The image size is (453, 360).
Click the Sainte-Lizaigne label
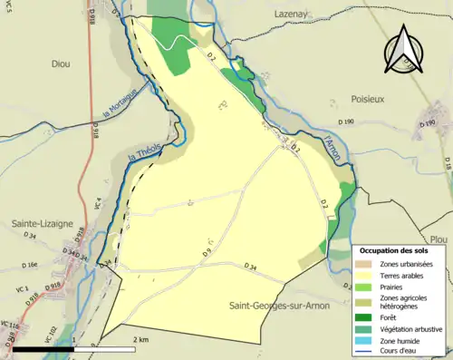(43, 221)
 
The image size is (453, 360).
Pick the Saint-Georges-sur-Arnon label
(281, 306)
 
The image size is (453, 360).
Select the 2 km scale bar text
(140, 339)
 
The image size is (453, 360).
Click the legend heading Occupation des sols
(399, 249)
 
